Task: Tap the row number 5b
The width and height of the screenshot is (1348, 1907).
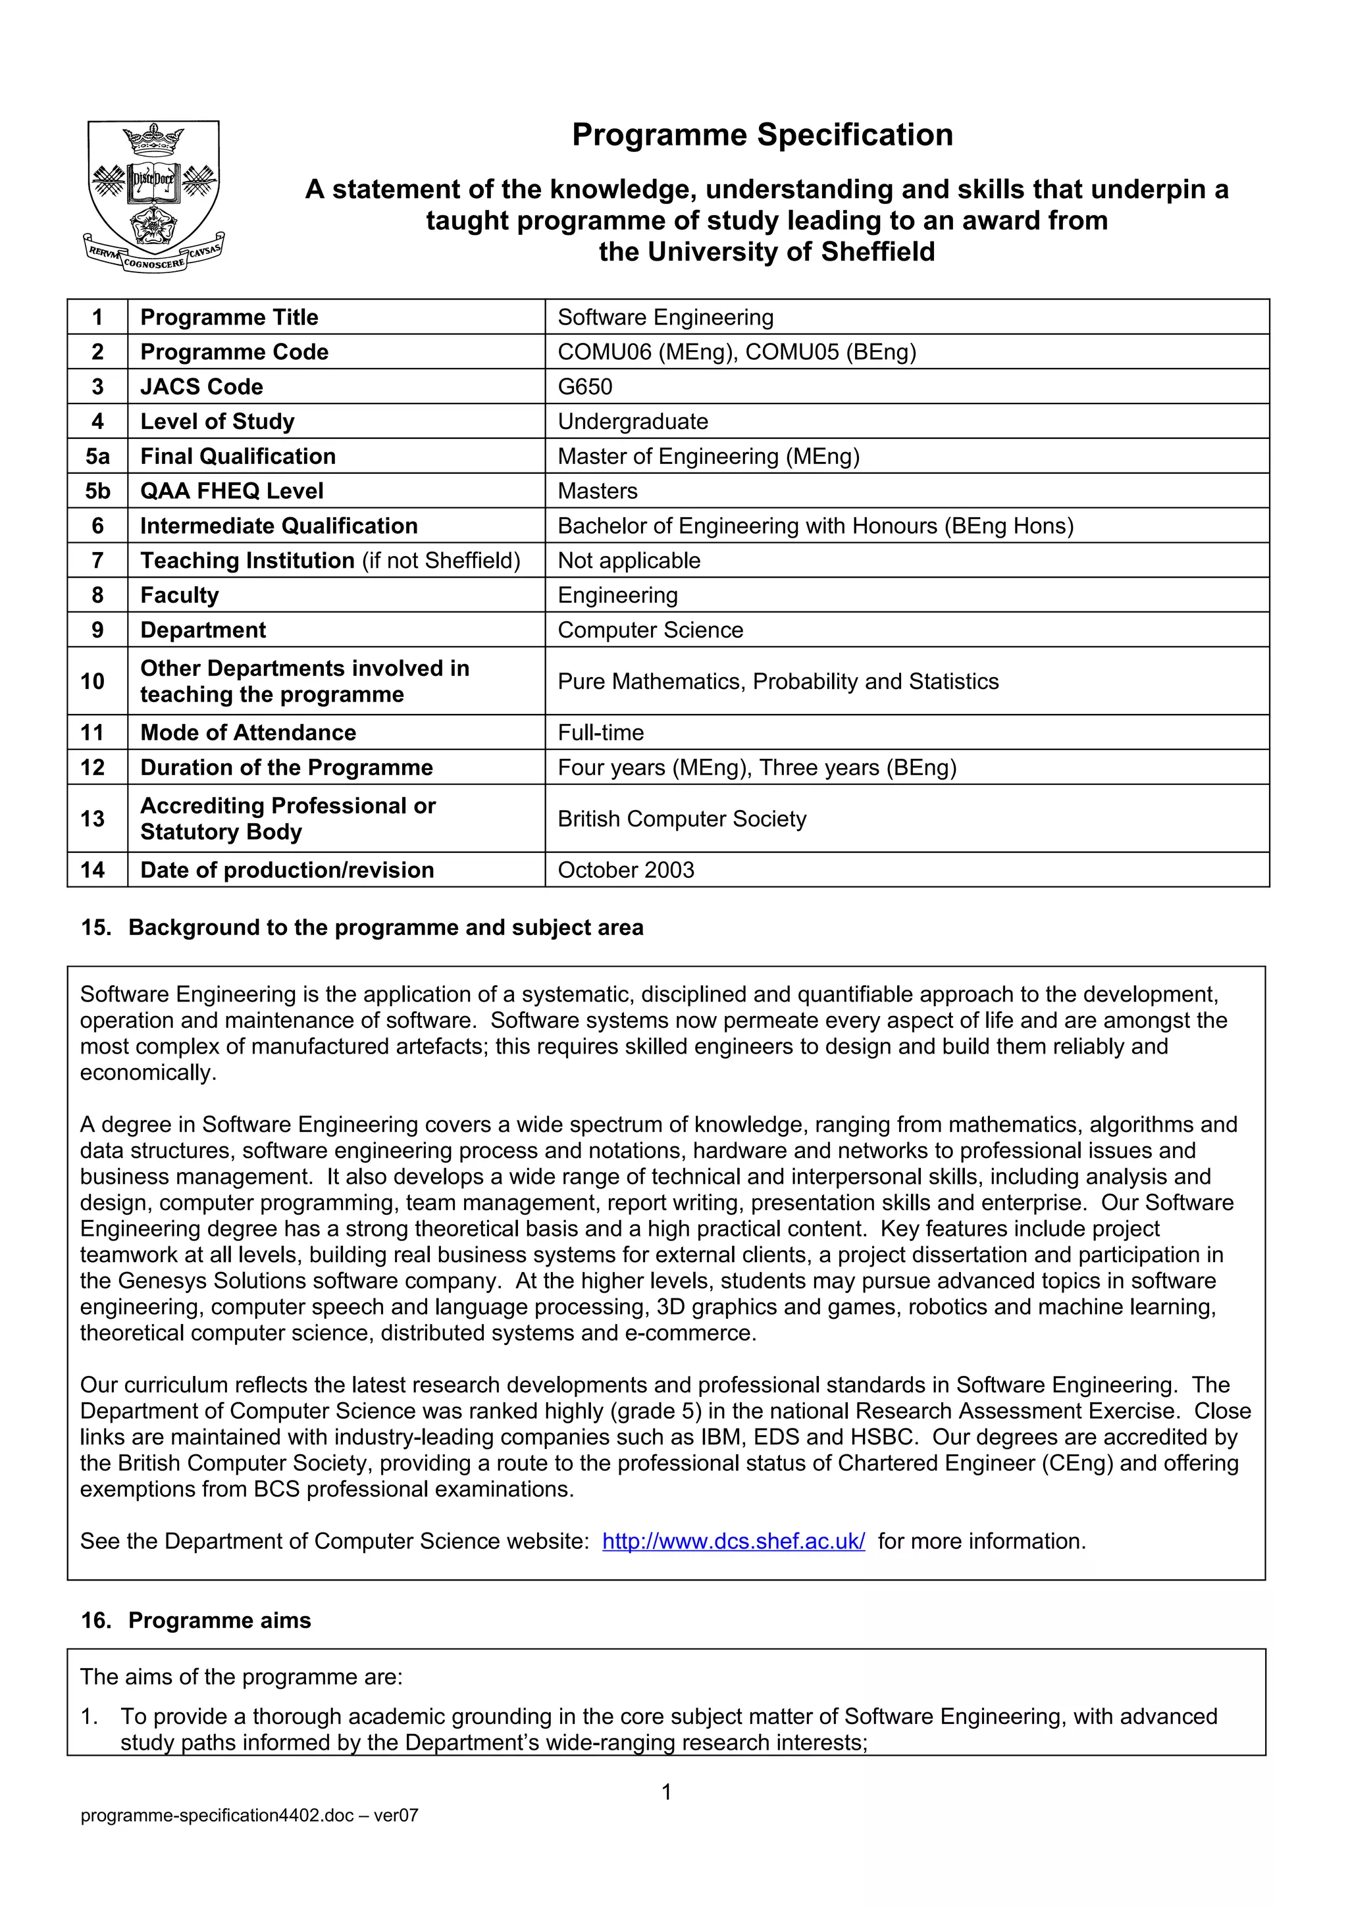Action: point(97,491)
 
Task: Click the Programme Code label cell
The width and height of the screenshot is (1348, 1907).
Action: point(234,352)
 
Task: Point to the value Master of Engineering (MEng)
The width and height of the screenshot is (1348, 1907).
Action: point(708,457)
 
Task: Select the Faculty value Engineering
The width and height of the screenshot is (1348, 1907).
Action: point(617,596)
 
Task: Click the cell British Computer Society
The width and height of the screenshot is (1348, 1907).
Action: point(681,819)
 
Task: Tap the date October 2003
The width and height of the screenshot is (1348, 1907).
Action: point(625,871)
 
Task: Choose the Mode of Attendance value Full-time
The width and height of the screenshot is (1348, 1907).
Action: point(600,732)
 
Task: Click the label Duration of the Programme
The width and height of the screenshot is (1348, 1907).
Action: point(286,767)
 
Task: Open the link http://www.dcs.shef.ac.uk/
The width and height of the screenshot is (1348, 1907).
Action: point(733,1542)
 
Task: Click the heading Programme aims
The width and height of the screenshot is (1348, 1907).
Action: point(219,1621)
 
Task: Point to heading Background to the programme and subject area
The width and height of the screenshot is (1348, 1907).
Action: point(386,928)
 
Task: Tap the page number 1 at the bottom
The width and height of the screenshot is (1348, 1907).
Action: point(666,1793)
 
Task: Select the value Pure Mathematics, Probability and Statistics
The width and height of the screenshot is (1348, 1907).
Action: point(777,682)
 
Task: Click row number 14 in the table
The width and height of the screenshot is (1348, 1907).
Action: point(93,871)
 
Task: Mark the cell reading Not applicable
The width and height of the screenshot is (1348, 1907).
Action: point(629,561)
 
